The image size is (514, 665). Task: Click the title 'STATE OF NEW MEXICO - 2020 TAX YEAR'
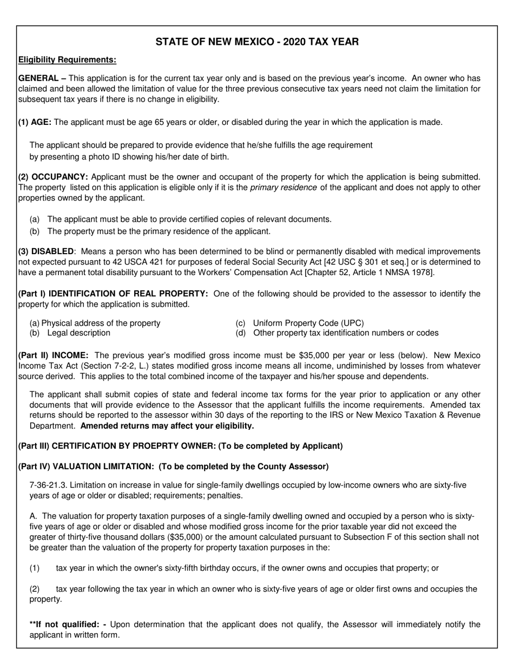[257, 42]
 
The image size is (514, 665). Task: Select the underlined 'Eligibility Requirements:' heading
[67, 59]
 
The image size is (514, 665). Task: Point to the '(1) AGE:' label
[35, 122]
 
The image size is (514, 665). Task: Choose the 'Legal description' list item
[78, 333]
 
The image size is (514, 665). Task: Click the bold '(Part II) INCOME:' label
[54, 355]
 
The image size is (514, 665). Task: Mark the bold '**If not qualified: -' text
[68, 624]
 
